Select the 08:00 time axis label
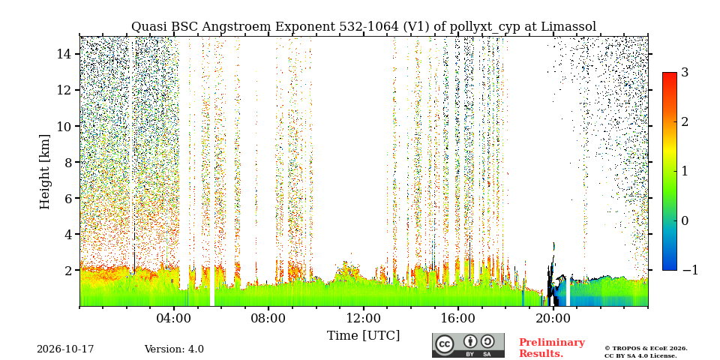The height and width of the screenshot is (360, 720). [x=268, y=318]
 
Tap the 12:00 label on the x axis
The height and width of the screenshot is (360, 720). [x=363, y=318]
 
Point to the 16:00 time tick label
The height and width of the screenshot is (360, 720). [x=458, y=318]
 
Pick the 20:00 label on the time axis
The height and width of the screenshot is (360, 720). [x=553, y=318]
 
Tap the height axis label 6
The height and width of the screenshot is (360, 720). [x=69, y=198]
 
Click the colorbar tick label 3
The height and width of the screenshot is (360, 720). [x=685, y=73]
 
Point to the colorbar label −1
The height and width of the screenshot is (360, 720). [x=690, y=270]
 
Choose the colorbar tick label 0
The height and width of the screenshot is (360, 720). [x=685, y=220]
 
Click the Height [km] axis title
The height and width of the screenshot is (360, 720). [x=44, y=172]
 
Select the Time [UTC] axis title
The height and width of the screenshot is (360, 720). [x=363, y=336]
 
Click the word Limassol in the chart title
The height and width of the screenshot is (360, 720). [x=568, y=27]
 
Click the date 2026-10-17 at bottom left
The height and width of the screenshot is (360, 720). [x=65, y=349]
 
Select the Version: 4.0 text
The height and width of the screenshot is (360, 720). [x=174, y=349]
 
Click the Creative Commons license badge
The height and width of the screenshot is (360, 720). [x=468, y=345]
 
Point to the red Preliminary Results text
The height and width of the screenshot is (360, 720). [x=552, y=348]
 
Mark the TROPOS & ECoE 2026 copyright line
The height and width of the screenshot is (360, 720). [x=646, y=349]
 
